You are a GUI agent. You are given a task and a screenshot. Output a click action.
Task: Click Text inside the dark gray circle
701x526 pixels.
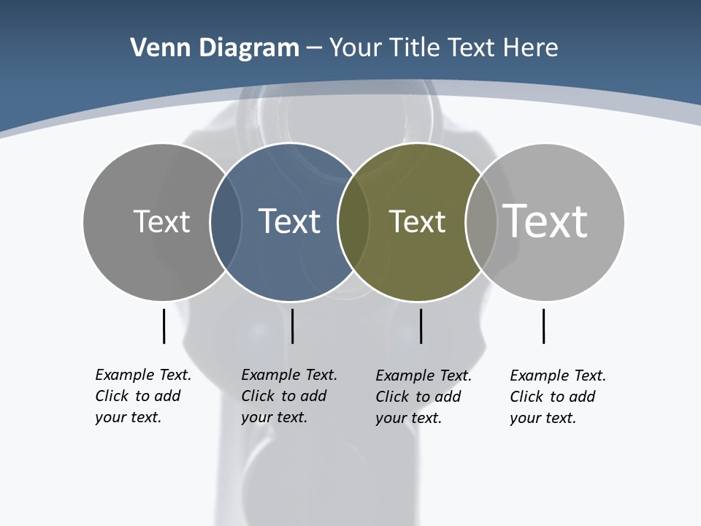tap(161, 221)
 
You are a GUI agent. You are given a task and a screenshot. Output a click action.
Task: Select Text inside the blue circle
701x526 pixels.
tap(289, 221)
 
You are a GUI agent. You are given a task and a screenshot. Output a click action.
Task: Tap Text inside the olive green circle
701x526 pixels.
tap(417, 221)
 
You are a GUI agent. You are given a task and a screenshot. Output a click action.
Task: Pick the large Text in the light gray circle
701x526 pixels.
tap(545, 221)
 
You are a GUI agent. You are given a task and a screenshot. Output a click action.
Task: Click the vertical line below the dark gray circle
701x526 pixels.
tap(164, 326)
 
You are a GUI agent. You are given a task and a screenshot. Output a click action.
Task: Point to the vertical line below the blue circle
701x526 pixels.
tap(292, 326)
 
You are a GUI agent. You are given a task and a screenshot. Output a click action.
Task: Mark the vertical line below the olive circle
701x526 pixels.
tap(421, 326)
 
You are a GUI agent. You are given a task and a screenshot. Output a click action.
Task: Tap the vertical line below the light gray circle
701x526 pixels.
tap(543, 326)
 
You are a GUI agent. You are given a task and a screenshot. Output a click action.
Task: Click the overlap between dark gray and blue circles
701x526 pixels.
tap(226, 221)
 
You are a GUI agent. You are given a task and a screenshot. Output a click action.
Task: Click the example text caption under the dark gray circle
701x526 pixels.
tap(142, 396)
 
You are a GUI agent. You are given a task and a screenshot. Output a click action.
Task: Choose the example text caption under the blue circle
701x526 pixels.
tap(288, 396)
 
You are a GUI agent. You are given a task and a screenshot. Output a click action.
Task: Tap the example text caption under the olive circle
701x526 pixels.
tap(423, 397)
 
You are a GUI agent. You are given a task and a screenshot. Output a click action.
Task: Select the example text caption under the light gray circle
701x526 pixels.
tap(557, 397)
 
